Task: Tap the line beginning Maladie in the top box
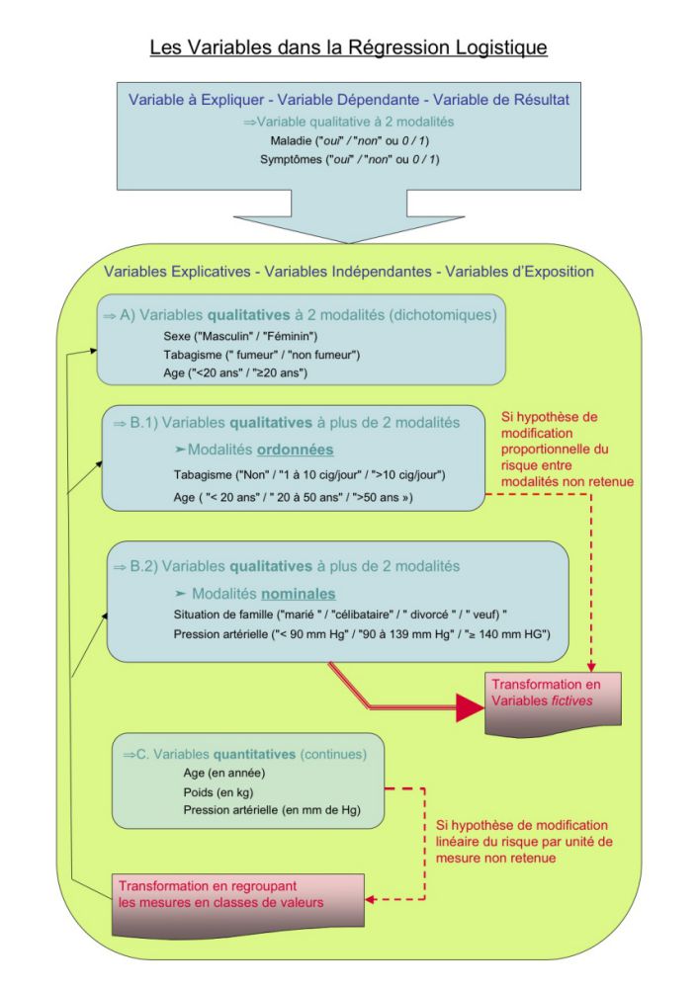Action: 350,140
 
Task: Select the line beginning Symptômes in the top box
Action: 350,159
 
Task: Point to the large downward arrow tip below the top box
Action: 349,242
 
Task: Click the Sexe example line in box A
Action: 240,337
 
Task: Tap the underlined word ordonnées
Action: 295,450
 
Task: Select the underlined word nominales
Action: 299,594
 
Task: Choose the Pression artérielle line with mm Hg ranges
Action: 362,634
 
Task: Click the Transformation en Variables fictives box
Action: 553,703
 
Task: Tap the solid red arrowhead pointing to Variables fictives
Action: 470,707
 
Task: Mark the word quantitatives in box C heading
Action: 254,754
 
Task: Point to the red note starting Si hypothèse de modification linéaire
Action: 523,842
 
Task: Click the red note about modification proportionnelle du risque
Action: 568,450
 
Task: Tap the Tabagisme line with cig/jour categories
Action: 309,475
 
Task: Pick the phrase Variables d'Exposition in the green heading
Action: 519,272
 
